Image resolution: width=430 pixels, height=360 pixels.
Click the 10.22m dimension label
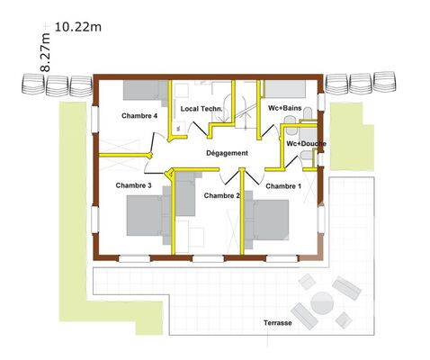pos(78,27)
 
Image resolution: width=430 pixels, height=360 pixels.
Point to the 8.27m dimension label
pos(45,52)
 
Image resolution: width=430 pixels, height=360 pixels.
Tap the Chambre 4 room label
pos(139,116)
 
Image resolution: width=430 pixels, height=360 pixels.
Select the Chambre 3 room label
pos(133,185)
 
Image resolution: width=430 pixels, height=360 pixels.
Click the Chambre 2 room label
pos(222,195)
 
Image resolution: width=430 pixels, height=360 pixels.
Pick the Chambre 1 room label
pos(283,186)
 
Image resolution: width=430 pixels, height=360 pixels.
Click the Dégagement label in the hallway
pos(227,153)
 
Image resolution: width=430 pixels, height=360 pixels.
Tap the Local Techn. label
pos(202,109)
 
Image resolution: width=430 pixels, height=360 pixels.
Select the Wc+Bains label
pos(284,108)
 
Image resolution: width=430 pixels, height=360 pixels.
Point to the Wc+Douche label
pos(306,144)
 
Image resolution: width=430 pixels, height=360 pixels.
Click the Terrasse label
pos(278,323)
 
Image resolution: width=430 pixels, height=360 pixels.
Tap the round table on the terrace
pos(322,303)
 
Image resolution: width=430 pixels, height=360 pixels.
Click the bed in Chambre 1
pos(267,220)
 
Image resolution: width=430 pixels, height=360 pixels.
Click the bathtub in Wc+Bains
pos(284,89)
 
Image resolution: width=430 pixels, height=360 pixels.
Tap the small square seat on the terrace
pos(344,320)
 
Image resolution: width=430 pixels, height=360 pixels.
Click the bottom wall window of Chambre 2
pos(208,258)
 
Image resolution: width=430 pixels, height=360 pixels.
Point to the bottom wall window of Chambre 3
pos(134,258)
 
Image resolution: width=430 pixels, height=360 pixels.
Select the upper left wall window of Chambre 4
pos(95,120)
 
